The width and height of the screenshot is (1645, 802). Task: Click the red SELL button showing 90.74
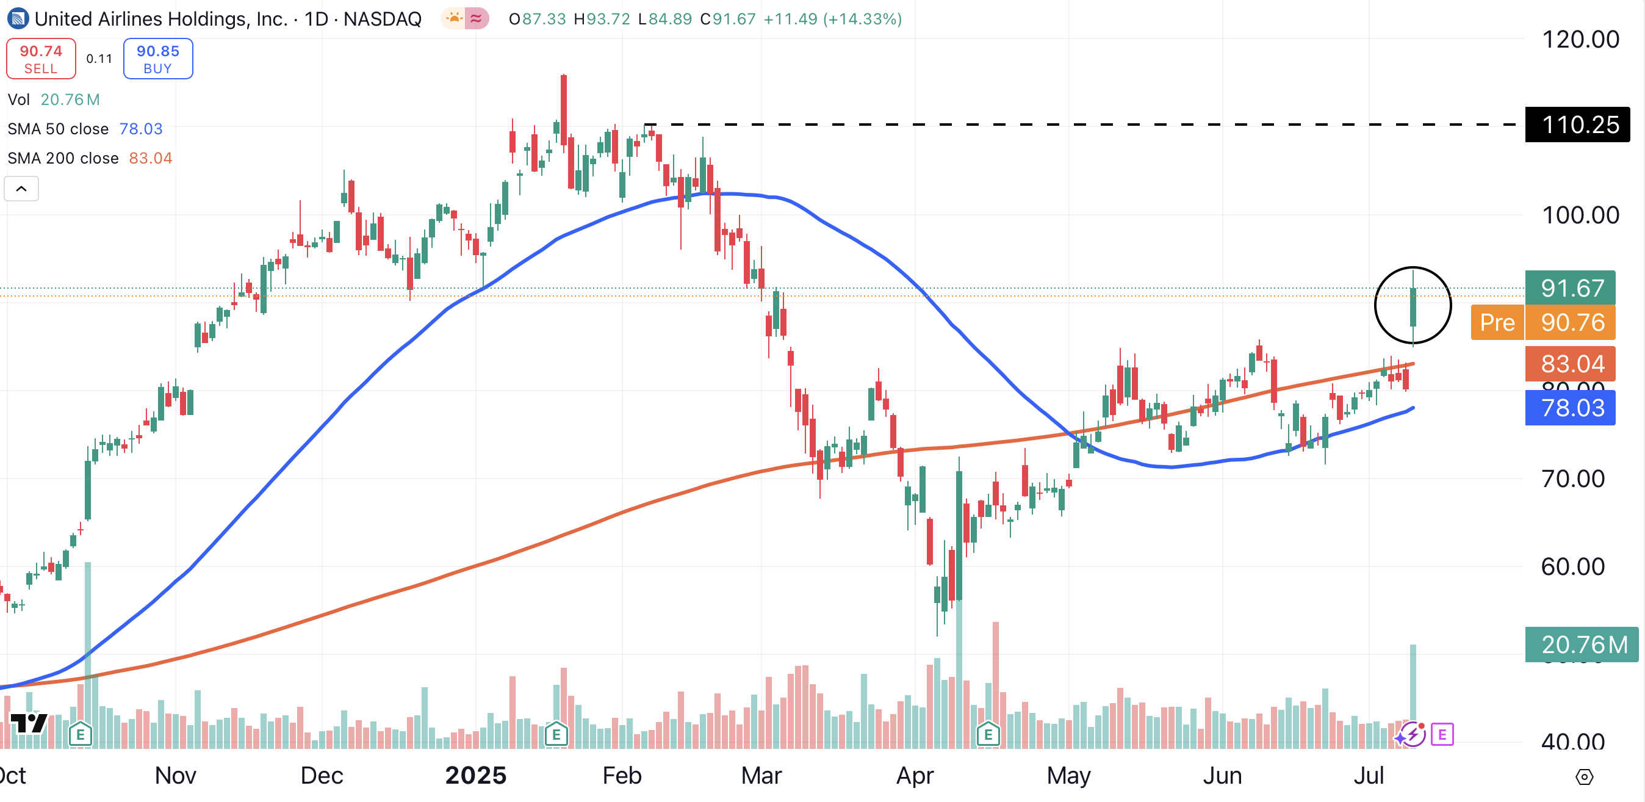click(41, 59)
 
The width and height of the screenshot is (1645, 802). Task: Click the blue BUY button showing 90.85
click(158, 59)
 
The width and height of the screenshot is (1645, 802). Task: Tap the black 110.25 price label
click(1577, 125)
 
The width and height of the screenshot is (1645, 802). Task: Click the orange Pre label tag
click(1497, 322)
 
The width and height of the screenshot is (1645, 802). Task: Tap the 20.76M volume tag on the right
click(1581, 645)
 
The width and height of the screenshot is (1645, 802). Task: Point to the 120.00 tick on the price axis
click(1580, 40)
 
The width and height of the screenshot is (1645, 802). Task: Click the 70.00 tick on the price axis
click(1572, 479)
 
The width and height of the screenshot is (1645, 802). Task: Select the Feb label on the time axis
click(621, 775)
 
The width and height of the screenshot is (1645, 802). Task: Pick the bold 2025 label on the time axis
click(476, 775)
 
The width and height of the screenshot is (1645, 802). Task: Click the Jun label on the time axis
click(1222, 775)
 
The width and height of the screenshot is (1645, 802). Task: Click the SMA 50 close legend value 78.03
click(141, 129)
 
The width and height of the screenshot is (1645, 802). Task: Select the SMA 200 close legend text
click(63, 158)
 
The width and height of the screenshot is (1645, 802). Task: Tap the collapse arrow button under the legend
click(21, 189)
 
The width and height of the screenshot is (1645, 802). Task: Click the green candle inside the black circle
click(1413, 306)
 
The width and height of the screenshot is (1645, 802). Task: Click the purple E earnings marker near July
click(1442, 734)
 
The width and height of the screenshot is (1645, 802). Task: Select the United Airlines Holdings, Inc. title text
click(161, 19)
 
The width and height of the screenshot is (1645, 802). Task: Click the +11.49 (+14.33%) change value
click(832, 19)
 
